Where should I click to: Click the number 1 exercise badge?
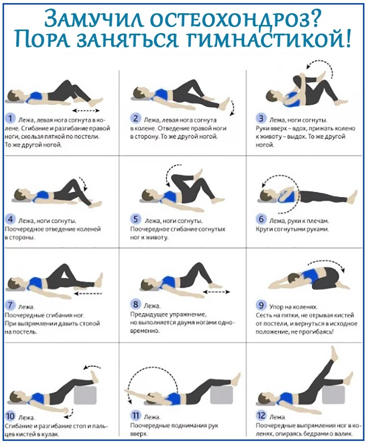click(x=10, y=118)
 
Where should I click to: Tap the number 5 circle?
click(x=136, y=219)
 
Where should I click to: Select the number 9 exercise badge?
click(x=261, y=306)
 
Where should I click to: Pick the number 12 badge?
click(x=261, y=415)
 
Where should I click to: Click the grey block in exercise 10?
click(x=85, y=395)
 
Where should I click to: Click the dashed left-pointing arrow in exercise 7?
click(x=88, y=294)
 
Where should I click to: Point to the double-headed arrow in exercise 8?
click(x=217, y=292)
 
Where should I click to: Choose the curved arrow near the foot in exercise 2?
click(x=232, y=107)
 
